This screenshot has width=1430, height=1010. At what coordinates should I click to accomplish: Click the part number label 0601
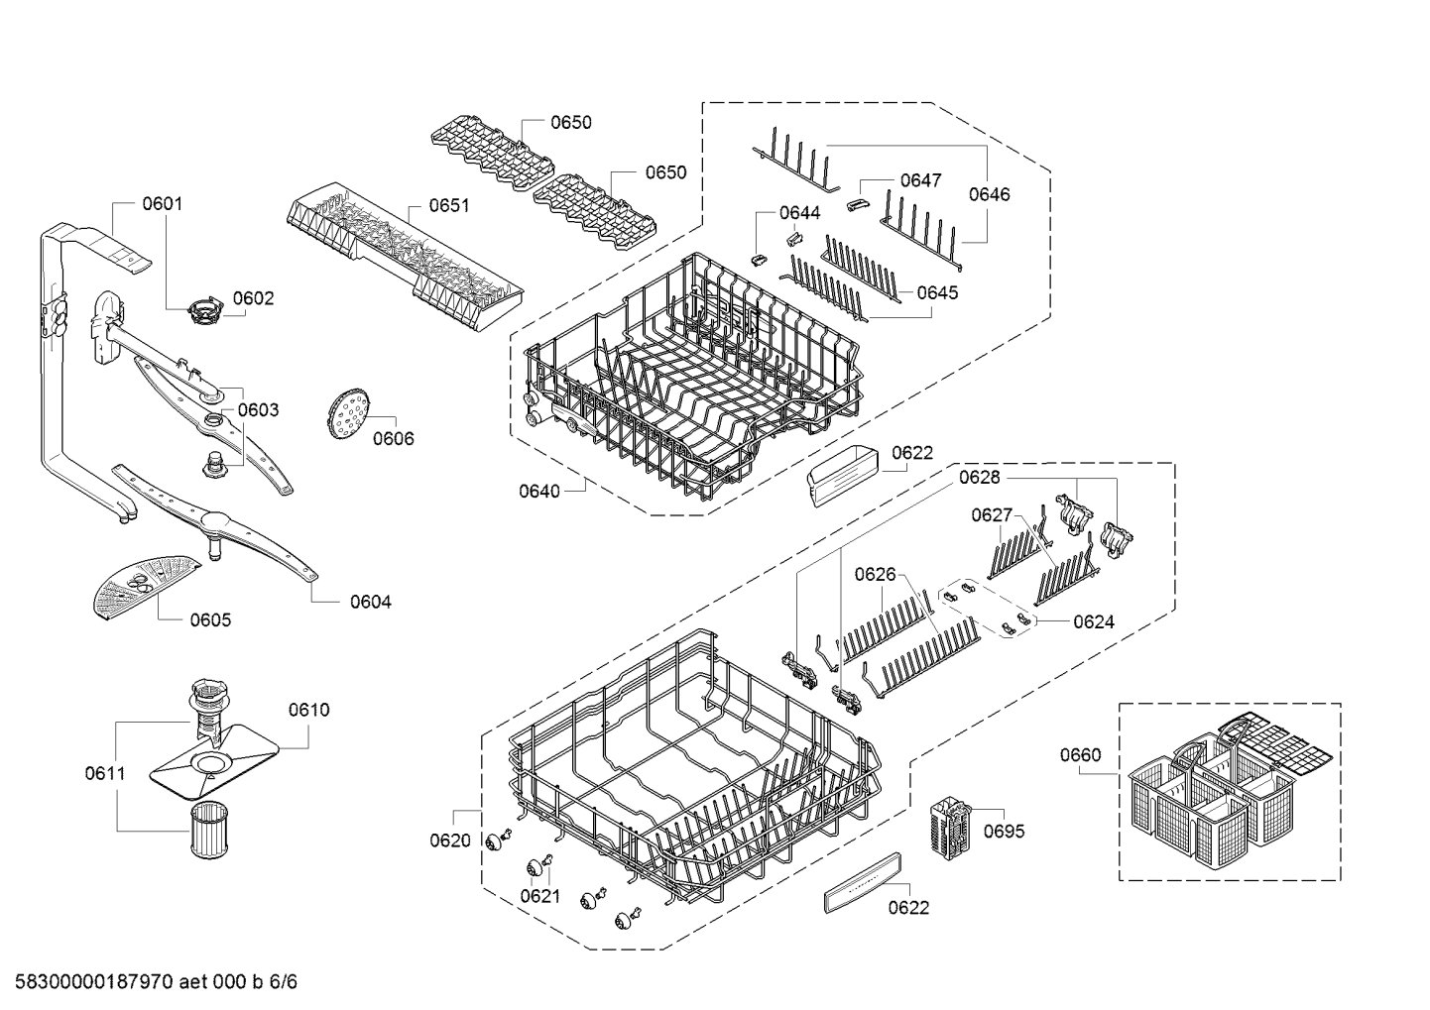coord(162,204)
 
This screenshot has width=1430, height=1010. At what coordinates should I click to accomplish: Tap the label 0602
coord(253,298)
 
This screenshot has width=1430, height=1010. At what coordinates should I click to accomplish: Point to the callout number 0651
coord(448,205)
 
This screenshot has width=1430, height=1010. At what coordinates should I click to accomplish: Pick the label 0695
coord(1004,831)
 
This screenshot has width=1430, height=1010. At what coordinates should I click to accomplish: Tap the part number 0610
coord(308,710)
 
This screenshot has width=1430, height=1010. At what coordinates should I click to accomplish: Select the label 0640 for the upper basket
coord(538,490)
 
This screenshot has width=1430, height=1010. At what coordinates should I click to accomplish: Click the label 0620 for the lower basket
coord(450,841)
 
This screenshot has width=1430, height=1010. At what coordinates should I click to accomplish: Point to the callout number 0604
coord(370,602)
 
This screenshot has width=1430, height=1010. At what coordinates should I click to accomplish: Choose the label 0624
coord(1093,621)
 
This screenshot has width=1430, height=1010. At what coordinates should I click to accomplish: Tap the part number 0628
coord(979,478)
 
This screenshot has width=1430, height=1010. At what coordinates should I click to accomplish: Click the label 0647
coord(920,180)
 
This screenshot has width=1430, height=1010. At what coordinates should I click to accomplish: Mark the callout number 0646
coord(989,194)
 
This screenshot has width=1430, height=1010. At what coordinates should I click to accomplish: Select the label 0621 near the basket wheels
coord(539,896)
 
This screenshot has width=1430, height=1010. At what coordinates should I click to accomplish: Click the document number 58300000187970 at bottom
coord(89,982)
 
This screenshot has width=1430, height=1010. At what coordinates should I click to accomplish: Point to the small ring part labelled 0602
coord(204,310)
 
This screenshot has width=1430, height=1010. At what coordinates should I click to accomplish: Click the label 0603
coord(258,409)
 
